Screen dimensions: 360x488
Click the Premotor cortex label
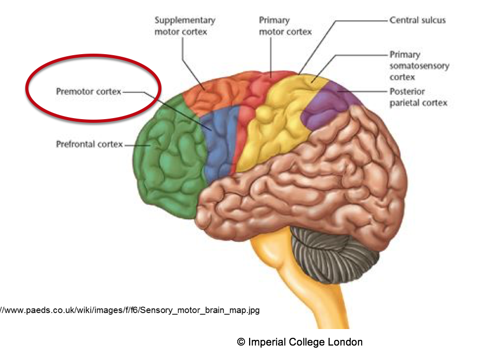(x=88, y=92)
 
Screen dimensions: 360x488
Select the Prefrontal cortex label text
(x=89, y=144)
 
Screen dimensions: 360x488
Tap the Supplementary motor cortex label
(x=185, y=26)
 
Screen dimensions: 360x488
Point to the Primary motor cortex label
(x=285, y=26)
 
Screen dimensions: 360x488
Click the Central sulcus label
(x=417, y=21)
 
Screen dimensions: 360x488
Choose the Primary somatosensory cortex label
(x=419, y=66)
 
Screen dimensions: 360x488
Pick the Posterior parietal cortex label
(x=418, y=97)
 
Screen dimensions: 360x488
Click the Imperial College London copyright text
(x=300, y=342)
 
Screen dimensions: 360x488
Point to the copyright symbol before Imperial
(x=241, y=342)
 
